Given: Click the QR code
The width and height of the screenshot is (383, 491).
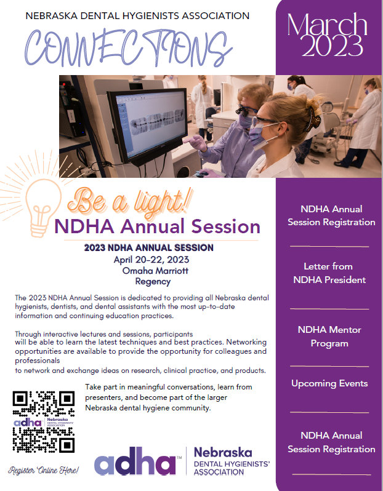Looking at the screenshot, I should pyautogui.click(x=44, y=421).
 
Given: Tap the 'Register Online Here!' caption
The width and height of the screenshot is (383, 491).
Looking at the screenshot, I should pyautogui.click(x=43, y=471).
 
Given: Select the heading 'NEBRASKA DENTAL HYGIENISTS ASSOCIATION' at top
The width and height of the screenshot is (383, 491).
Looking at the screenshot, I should pyautogui.click(x=138, y=15).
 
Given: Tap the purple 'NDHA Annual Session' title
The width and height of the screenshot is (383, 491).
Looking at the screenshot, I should pyautogui.click(x=157, y=226).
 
